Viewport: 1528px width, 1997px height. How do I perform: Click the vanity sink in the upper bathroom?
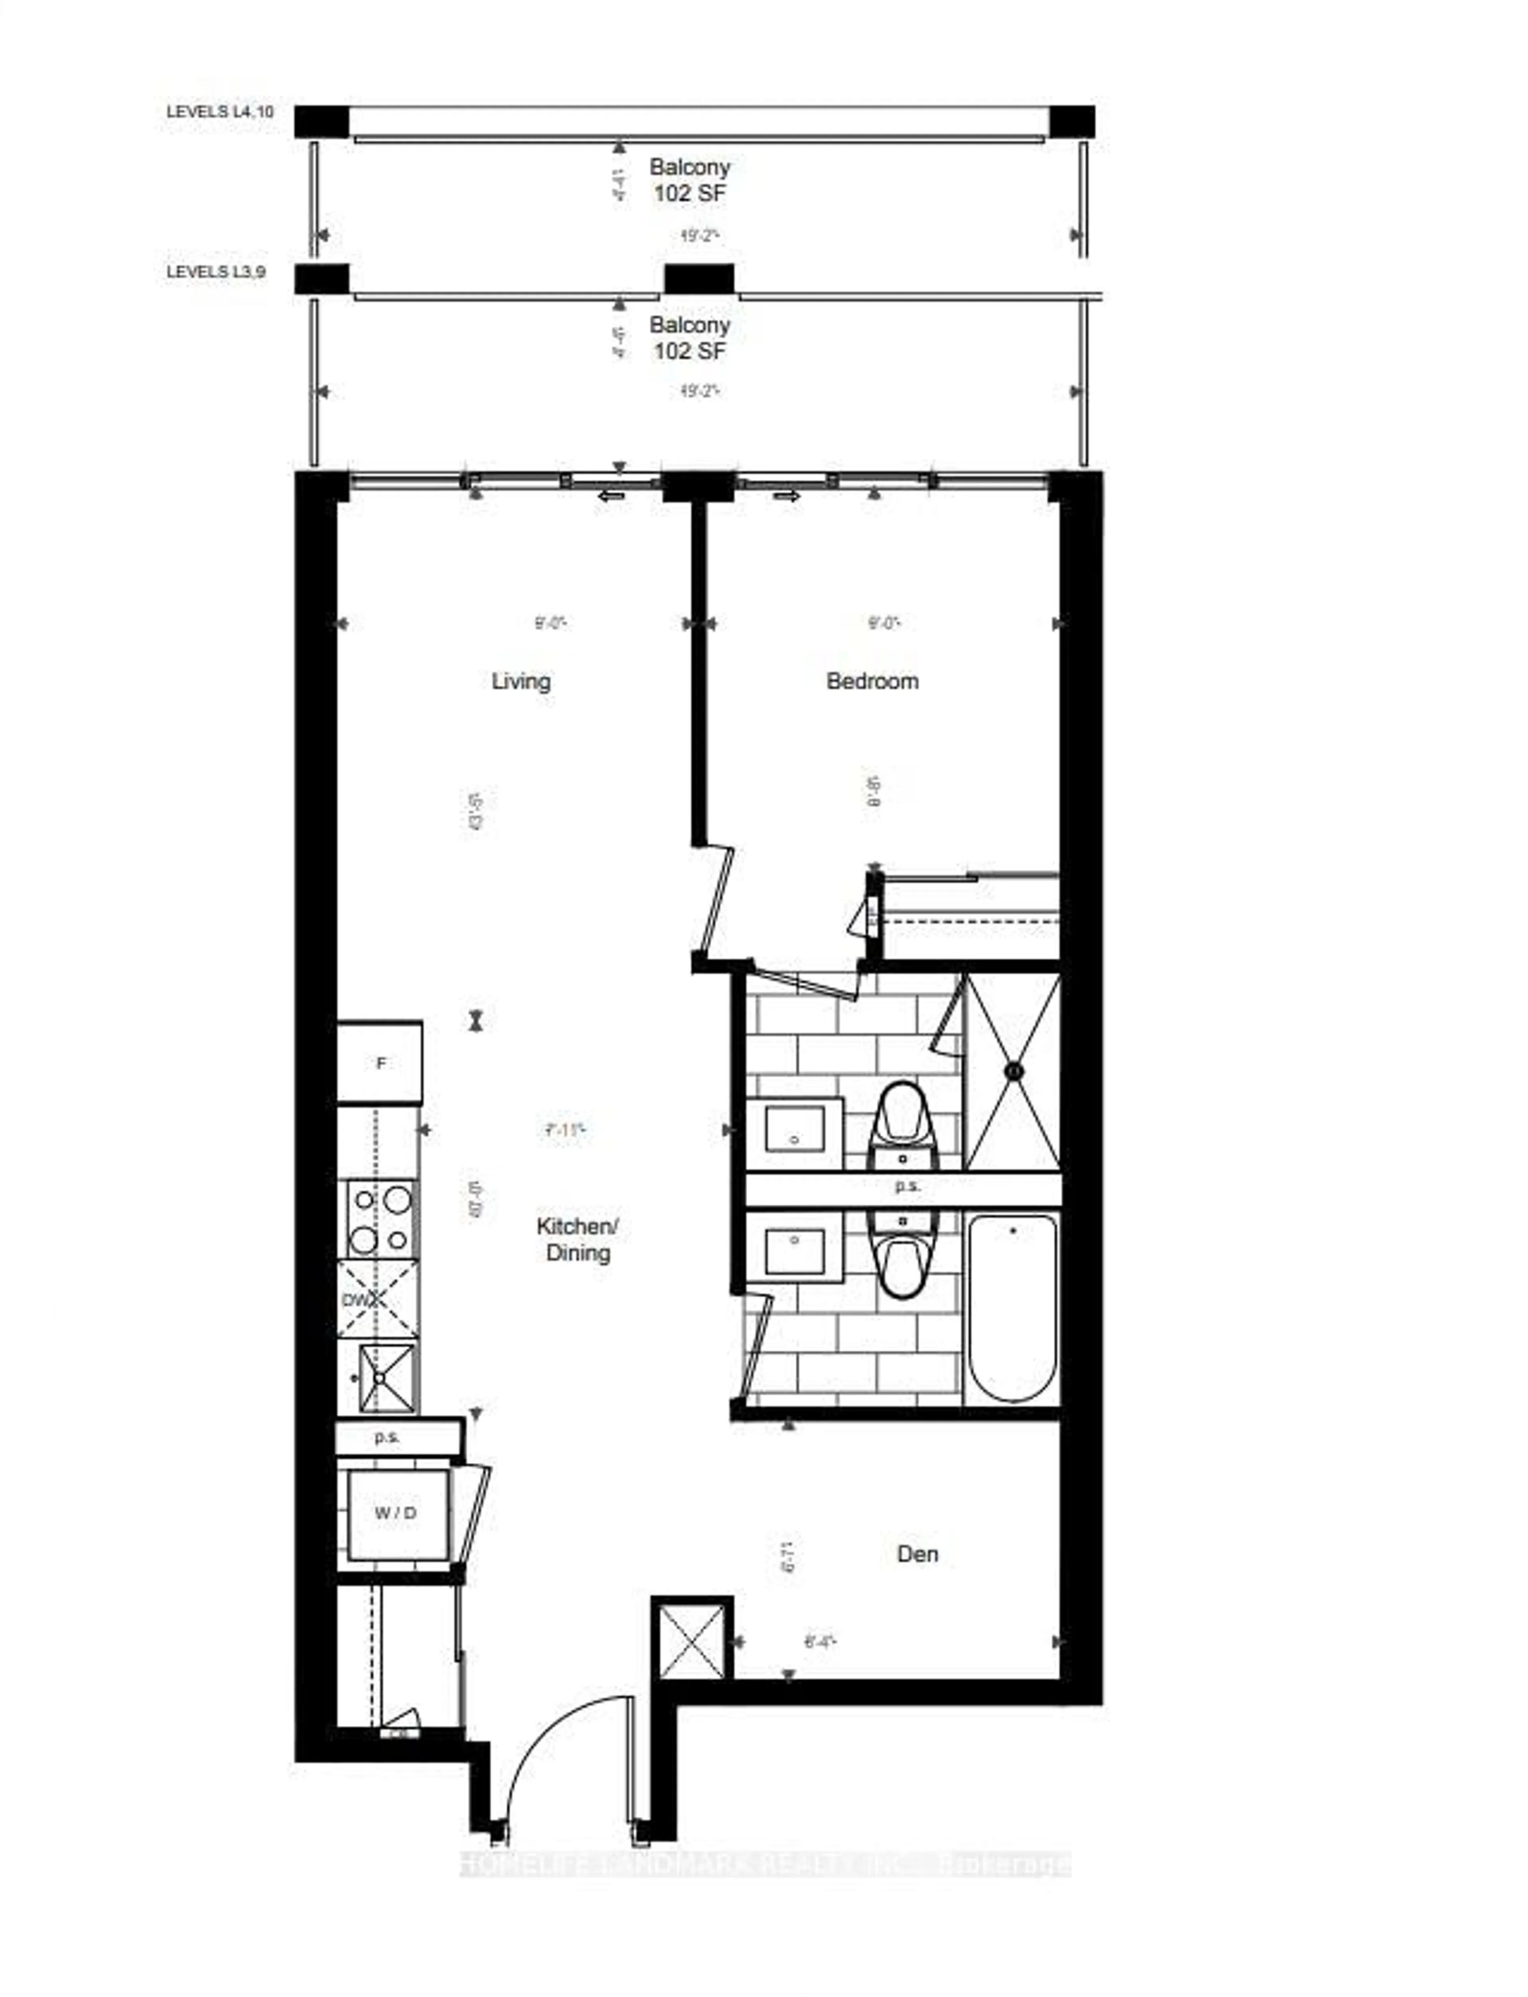tap(794, 1130)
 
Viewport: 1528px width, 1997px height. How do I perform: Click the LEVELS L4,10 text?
tap(219, 112)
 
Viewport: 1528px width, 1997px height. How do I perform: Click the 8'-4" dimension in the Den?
tap(819, 1642)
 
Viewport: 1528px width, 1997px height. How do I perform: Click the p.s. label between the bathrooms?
tap(907, 1186)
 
